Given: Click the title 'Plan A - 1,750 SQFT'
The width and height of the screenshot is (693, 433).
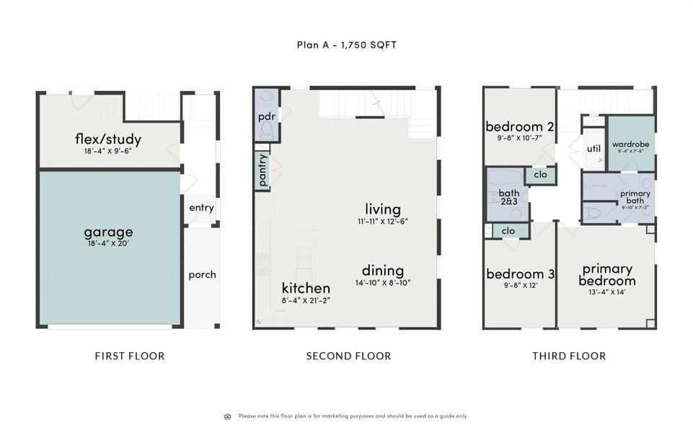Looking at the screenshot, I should (346, 45).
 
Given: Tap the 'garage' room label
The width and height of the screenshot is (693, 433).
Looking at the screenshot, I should (108, 232).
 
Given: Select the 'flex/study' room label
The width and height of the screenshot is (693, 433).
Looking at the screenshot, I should (108, 139).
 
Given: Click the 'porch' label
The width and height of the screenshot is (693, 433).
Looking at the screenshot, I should (202, 275).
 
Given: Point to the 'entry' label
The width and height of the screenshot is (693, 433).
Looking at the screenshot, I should (201, 208).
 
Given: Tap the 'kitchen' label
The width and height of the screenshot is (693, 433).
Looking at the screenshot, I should (306, 288).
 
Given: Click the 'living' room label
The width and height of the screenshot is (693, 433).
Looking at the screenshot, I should (383, 209).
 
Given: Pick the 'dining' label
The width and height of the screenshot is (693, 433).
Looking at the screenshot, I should (383, 271).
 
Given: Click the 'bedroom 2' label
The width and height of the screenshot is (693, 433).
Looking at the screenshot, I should (519, 126).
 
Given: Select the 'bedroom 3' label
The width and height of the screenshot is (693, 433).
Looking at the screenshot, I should (519, 274).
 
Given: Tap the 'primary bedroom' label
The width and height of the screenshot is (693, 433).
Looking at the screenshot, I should (607, 274).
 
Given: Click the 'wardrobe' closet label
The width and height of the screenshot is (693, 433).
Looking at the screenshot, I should (631, 144).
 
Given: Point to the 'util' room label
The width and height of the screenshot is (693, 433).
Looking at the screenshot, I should (593, 149).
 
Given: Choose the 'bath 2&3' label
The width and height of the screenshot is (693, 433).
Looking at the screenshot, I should (509, 197).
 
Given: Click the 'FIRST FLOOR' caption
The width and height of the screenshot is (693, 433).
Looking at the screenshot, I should (130, 356).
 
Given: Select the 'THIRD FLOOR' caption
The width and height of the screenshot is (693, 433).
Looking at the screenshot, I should (569, 356).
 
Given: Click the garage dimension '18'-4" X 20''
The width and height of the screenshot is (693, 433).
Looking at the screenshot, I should (108, 244).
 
